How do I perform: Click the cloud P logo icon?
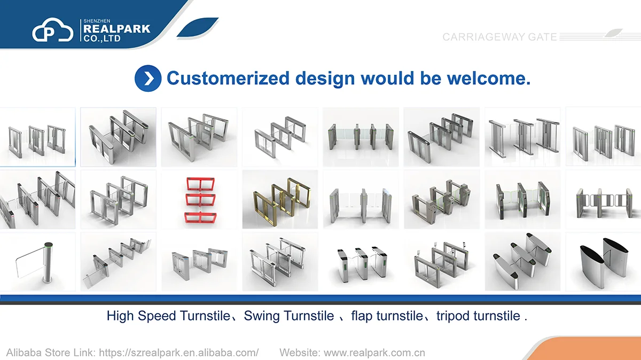pos(53,30)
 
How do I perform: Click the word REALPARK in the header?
pos(117,29)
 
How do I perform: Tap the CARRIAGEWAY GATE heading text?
pos(499,37)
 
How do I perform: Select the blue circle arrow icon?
pos(148,79)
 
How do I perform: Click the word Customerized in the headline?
pos(228,78)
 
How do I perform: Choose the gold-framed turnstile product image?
pos(280,199)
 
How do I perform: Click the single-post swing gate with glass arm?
pos(38,262)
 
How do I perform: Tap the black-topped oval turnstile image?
pos(603,262)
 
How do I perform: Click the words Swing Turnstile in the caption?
pos(289,316)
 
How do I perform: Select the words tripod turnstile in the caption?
pos(478,316)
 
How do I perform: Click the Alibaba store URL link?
pos(179,353)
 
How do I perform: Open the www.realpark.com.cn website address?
pos(374,353)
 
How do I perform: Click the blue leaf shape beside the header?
pos(198,27)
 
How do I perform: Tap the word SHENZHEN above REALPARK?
pos(97,21)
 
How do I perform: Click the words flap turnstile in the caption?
pos(387,316)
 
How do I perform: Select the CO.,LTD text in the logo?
pos(102,38)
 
